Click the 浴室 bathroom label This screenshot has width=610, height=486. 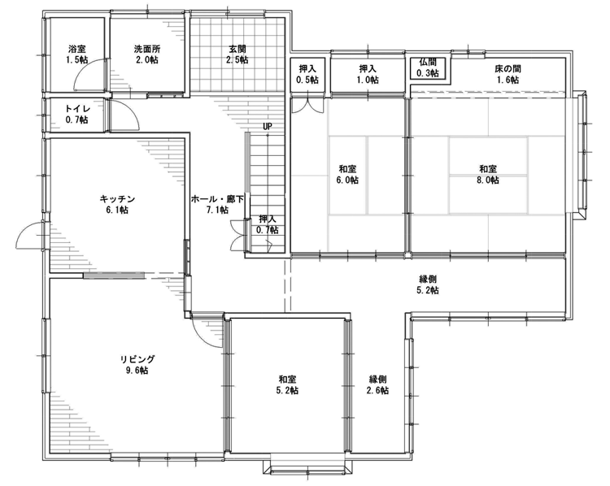[77, 50]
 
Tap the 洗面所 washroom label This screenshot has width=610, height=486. [147, 50]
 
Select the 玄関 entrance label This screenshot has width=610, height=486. [237, 50]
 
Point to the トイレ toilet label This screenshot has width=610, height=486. [77, 109]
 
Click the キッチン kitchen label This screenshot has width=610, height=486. [117, 199]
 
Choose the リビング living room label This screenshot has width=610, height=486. [137, 359]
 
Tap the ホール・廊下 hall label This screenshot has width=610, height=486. [217, 199]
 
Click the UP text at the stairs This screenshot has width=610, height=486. [268, 126]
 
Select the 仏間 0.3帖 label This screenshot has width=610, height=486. [428, 67]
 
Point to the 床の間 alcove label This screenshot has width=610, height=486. [508, 69]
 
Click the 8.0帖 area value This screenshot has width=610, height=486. [488, 180]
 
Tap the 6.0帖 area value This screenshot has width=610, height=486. [347, 180]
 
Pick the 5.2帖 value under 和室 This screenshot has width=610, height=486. [287, 390]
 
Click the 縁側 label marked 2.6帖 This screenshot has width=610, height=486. [377, 379]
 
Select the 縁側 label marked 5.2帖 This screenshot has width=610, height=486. [428, 279]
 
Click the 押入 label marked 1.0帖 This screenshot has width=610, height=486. [368, 69]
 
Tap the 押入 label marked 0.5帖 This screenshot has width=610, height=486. [307, 69]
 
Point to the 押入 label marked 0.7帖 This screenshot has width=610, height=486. [268, 219]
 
